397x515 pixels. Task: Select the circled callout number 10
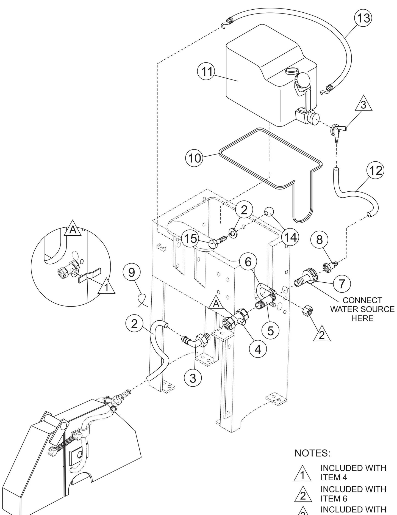click(x=194, y=158)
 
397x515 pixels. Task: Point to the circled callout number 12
click(x=376, y=171)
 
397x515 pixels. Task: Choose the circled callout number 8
click(x=319, y=240)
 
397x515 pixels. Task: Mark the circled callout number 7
click(x=342, y=283)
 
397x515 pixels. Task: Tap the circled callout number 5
click(x=270, y=331)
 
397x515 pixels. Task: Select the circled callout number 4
click(x=257, y=349)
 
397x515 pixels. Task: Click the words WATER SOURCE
click(x=362, y=309)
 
